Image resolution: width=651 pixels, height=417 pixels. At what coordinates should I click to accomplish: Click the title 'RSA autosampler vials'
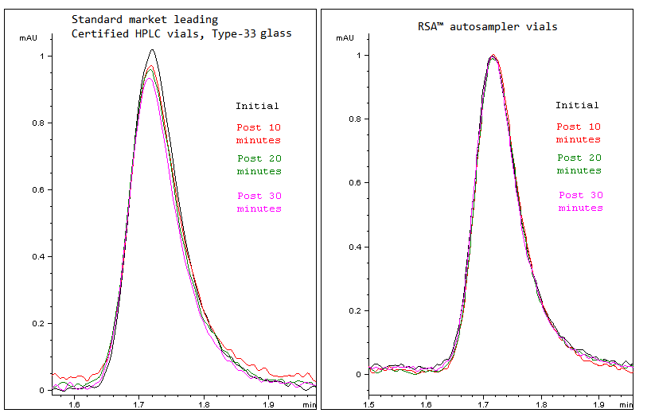point(488,26)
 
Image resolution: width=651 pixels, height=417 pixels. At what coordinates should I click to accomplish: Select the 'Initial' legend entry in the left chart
point(257,106)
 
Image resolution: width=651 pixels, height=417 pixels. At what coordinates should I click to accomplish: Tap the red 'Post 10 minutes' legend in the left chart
point(259,133)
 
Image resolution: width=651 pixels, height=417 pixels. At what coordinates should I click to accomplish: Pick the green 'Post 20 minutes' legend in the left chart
point(259,165)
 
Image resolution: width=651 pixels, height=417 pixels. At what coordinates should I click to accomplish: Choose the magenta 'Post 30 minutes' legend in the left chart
point(259,202)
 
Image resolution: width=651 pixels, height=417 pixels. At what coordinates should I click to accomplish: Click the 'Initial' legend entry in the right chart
point(577,105)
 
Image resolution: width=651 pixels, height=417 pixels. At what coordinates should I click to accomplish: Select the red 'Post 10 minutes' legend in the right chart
point(579,133)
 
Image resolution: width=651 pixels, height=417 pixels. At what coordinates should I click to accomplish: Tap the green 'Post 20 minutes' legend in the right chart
point(579,164)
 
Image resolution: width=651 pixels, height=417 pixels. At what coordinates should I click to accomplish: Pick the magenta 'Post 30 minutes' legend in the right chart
point(580,201)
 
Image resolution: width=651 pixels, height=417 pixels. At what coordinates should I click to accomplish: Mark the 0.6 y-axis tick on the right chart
point(354,183)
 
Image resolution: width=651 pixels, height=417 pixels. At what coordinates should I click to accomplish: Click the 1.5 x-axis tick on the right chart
point(369,405)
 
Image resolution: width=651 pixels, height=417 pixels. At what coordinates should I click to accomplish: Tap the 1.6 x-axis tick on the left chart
point(74,405)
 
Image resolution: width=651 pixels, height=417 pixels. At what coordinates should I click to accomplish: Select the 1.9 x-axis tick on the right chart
point(599,405)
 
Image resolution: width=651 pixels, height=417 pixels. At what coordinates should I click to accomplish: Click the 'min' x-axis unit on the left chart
point(309,405)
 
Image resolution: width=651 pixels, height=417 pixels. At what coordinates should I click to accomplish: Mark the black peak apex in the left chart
point(152,50)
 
